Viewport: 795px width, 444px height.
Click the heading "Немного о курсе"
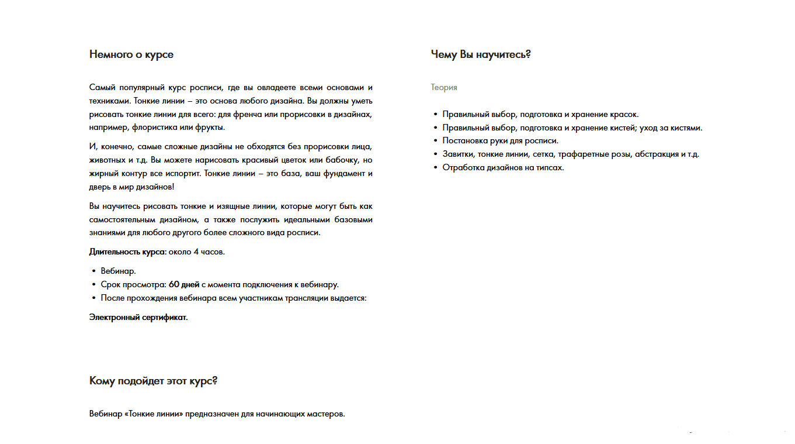coord(131,54)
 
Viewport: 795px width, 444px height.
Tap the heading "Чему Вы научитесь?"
coord(481,54)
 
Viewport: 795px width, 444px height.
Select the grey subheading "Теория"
coord(444,87)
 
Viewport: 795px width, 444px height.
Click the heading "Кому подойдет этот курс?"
coord(154,381)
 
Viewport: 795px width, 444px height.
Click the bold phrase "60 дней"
coord(184,285)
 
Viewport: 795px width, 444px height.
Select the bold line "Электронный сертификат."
coord(138,318)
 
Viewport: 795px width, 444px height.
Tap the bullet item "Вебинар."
coord(118,271)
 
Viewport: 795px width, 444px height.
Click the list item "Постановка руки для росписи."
coord(501,141)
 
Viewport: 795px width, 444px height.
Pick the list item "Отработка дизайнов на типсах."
coord(503,168)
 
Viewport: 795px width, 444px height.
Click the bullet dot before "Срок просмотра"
coord(94,285)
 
